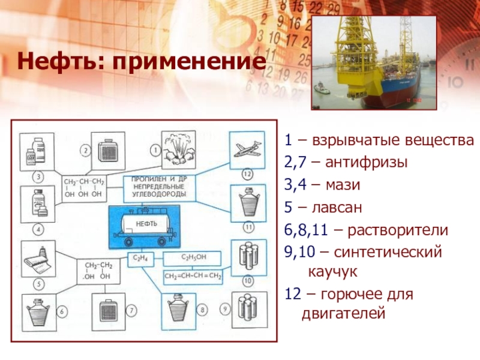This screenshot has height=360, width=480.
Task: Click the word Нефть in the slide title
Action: (50, 61)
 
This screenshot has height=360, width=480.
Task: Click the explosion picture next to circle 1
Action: (179, 149)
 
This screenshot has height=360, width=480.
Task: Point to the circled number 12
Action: (246, 175)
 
